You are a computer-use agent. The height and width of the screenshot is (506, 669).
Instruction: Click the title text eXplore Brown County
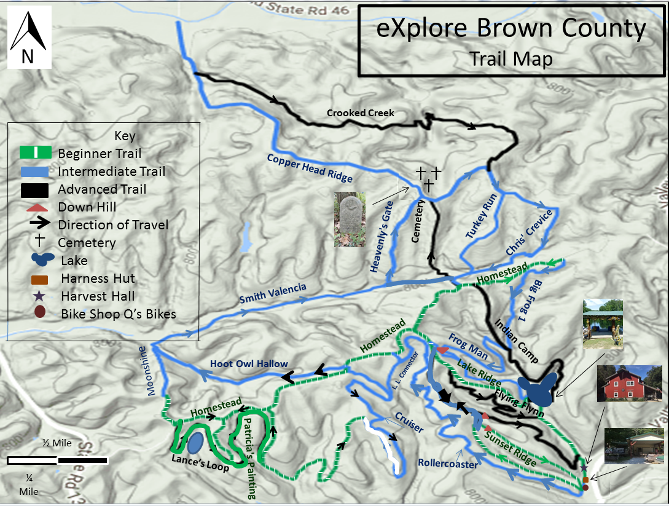511,29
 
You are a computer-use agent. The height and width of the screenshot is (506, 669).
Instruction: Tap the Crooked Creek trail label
360,113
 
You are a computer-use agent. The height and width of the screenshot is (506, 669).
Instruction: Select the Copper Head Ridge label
310,168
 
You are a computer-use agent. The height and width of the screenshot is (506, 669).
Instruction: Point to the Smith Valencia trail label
272,295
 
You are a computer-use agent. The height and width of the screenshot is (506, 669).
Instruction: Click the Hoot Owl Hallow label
249,363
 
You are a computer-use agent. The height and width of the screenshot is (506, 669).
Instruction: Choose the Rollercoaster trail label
447,464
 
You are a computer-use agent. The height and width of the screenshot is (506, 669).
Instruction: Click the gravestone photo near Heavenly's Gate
349,219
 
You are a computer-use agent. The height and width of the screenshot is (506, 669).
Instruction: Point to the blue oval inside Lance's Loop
195,442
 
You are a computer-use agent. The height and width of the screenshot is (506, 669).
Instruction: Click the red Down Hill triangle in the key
37,207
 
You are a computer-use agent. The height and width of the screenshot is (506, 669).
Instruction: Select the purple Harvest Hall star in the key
39,296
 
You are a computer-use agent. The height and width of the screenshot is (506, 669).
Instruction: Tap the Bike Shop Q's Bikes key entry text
119,314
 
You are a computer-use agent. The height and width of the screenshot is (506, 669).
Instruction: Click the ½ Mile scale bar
58,460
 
